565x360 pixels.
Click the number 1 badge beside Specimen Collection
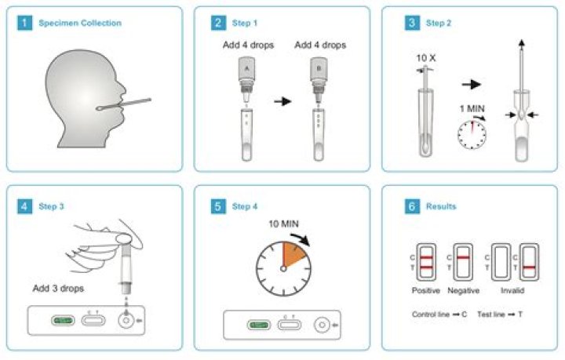tap(24, 23)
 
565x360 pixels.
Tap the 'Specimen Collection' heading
tap(80, 23)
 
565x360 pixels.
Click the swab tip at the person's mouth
tap(100, 107)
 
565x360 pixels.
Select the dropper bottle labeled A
tap(247, 80)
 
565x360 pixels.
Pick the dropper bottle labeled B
tap(319, 80)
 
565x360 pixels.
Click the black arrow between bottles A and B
tap(282, 101)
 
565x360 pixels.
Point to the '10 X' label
tap(426, 58)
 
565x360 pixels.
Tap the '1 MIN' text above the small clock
tap(472, 108)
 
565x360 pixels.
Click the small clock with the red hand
tap(472, 135)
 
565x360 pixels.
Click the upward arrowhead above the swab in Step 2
tap(521, 43)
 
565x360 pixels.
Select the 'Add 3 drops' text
tap(58, 289)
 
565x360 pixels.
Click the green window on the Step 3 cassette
tap(63, 320)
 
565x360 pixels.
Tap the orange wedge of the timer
tap(293, 255)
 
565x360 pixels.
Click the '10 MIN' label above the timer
tap(283, 224)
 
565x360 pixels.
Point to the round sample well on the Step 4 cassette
tap(322, 325)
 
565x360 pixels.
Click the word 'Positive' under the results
tap(426, 290)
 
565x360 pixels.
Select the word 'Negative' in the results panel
tap(464, 290)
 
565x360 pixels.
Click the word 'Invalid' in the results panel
tap(512, 290)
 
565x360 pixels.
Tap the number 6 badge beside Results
tap(412, 206)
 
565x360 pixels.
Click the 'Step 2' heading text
tap(439, 23)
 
